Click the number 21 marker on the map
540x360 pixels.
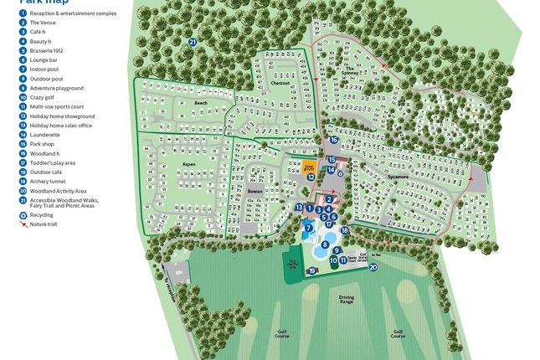pos(192,41)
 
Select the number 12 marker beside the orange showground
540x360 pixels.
pos(311,177)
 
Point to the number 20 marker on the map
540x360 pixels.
pos(373,267)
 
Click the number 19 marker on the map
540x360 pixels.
pos(311,270)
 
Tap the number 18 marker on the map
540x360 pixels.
pos(344,230)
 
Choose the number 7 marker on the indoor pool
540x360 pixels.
pos(309,227)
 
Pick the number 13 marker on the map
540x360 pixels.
pos(299,207)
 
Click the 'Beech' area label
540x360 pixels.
pos(200,103)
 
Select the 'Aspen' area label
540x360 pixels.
pos(188,164)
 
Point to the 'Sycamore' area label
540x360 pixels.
pos(398,177)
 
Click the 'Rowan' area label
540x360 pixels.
pos(255,192)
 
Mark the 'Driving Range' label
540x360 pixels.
pos(347,299)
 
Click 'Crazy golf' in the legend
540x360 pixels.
pos(45,97)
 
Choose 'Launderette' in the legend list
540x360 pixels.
pos(44,134)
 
